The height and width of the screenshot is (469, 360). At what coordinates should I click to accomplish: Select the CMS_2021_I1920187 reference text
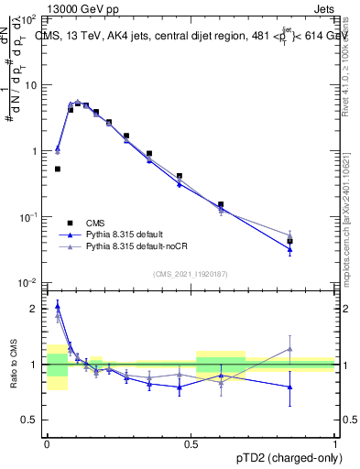[x=191, y=274]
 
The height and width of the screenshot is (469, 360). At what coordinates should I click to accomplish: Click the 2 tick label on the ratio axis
[x=35, y=309]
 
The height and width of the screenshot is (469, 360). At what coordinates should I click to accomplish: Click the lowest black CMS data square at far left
[x=58, y=169]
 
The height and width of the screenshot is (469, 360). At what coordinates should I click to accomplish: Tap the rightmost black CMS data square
[x=289, y=241]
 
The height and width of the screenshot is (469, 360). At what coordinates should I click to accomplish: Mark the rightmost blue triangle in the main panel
[x=289, y=249]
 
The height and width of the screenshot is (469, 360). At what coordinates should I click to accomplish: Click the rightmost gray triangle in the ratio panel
[x=289, y=348]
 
